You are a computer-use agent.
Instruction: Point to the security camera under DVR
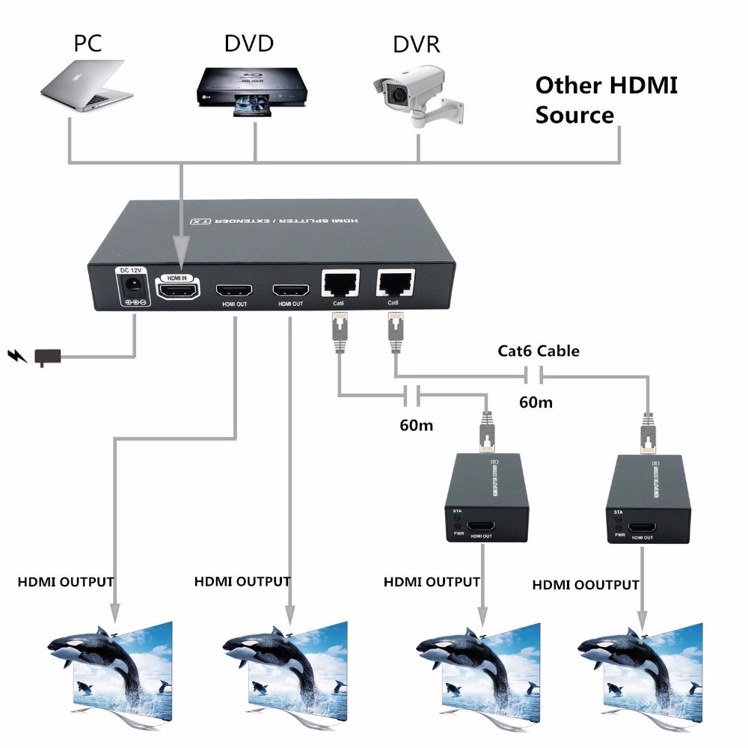(x=411, y=94)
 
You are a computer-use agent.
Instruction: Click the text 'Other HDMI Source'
(x=606, y=99)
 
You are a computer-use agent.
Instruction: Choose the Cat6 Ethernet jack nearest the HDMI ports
(x=340, y=283)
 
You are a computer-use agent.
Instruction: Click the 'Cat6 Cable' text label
(x=539, y=350)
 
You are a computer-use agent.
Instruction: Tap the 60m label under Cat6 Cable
(x=536, y=402)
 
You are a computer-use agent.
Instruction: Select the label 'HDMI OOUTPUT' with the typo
(x=586, y=585)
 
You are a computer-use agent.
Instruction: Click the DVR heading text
(x=417, y=43)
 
